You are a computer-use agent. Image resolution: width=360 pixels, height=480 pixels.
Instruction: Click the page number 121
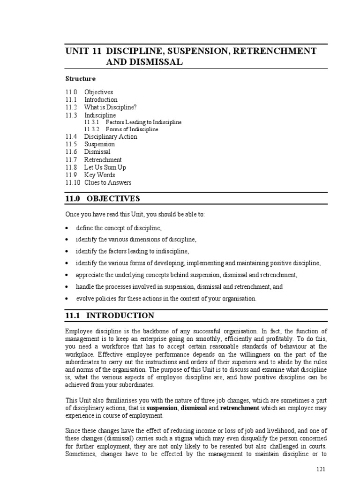pos(321,469)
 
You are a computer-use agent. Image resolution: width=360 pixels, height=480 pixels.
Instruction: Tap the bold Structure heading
pos(80,79)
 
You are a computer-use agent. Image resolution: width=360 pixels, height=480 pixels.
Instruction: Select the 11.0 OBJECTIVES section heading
pos(103,199)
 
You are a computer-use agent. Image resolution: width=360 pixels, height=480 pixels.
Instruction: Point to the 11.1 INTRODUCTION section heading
pos(109,315)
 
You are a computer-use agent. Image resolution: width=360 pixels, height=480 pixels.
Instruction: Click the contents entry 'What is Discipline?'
pos(110,107)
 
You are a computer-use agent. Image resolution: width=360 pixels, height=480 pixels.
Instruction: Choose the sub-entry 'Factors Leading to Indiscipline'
pos(143,122)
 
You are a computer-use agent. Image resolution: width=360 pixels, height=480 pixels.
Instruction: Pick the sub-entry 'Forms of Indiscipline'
pos(132,129)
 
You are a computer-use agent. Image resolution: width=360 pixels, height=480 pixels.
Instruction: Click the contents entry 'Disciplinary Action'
pos(111,137)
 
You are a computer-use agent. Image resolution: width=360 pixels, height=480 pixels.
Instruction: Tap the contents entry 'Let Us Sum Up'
pos(105,167)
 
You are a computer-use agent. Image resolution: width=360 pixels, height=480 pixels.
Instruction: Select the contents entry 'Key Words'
pos(99,175)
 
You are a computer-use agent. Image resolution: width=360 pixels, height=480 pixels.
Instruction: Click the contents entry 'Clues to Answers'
pos(108,182)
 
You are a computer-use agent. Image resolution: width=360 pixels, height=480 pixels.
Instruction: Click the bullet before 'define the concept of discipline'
pos(68,228)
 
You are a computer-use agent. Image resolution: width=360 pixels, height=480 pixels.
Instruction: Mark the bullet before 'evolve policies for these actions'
pos(68,299)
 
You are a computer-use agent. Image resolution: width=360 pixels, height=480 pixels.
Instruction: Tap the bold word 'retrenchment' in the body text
pos(240,408)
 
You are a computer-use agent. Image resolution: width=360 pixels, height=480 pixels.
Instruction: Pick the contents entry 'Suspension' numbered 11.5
pos(99,144)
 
